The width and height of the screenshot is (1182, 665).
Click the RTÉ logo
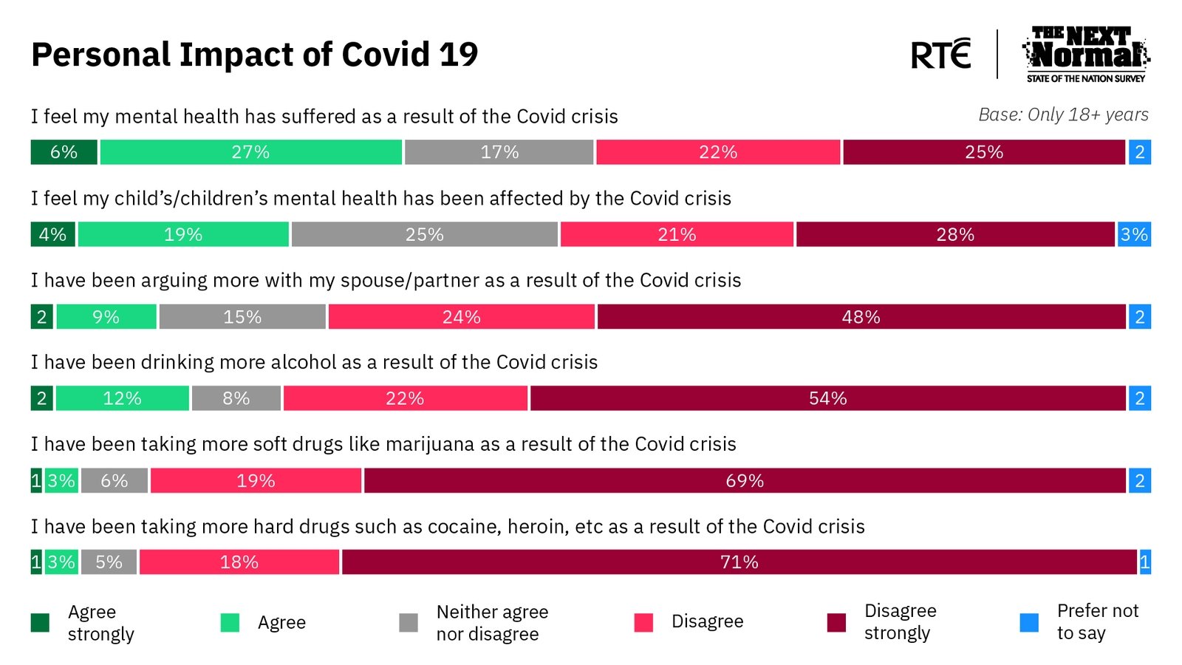tap(940, 54)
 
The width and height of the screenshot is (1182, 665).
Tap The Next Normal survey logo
tap(1085, 54)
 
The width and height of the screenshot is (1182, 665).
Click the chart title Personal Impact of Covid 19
tap(254, 55)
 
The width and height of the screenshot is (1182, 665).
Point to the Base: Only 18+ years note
tap(1063, 115)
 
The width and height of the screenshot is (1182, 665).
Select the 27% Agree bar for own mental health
tap(250, 152)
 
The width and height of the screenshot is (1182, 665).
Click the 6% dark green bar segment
tap(64, 152)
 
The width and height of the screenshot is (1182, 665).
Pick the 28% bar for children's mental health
tap(954, 234)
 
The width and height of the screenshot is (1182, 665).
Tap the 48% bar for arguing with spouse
tap(861, 317)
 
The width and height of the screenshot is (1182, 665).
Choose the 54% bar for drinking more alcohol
tap(827, 398)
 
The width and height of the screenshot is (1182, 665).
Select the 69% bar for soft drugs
tap(744, 480)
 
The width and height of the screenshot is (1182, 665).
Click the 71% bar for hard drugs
tap(739, 562)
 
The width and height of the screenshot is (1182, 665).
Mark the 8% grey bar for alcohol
tap(236, 398)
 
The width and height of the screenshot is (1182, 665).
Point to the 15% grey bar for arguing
tap(242, 317)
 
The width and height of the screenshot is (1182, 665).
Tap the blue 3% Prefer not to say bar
tap(1134, 234)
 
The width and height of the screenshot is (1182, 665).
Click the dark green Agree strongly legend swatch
tap(40, 623)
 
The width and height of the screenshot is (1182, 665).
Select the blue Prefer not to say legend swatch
tap(1028, 622)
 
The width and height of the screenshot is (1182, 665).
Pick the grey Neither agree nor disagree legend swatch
tap(408, 623)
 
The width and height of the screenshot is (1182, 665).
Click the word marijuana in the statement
tap(430, 444)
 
